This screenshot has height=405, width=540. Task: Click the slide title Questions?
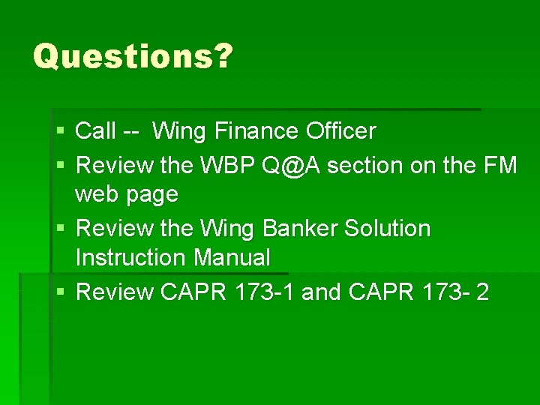coord(133,56)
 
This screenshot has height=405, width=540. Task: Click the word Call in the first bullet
coord(96,131)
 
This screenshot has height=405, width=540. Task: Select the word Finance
coord(256,131)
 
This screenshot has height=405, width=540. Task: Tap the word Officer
coord(340,131)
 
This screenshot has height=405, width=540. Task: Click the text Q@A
coord(292,164)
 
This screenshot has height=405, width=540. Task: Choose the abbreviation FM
coord(500,164)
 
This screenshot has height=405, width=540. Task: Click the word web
coord(98,195)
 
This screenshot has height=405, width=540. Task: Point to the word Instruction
coord(132,258)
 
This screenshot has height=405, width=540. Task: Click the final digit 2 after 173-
coord(481,292)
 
